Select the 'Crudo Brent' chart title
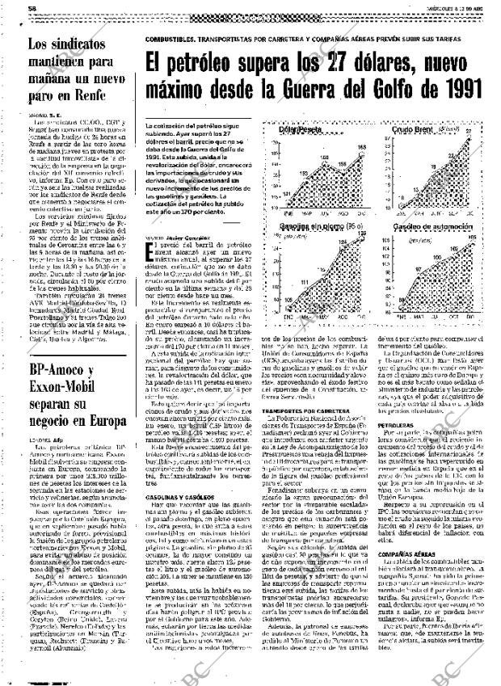coord(412,128)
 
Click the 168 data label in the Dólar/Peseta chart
coord(362,146)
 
